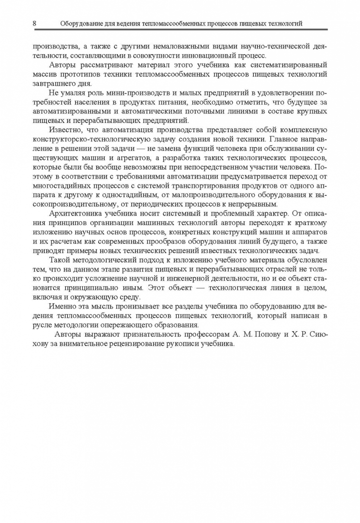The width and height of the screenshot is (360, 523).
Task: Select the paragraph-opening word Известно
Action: click(65, 130)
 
